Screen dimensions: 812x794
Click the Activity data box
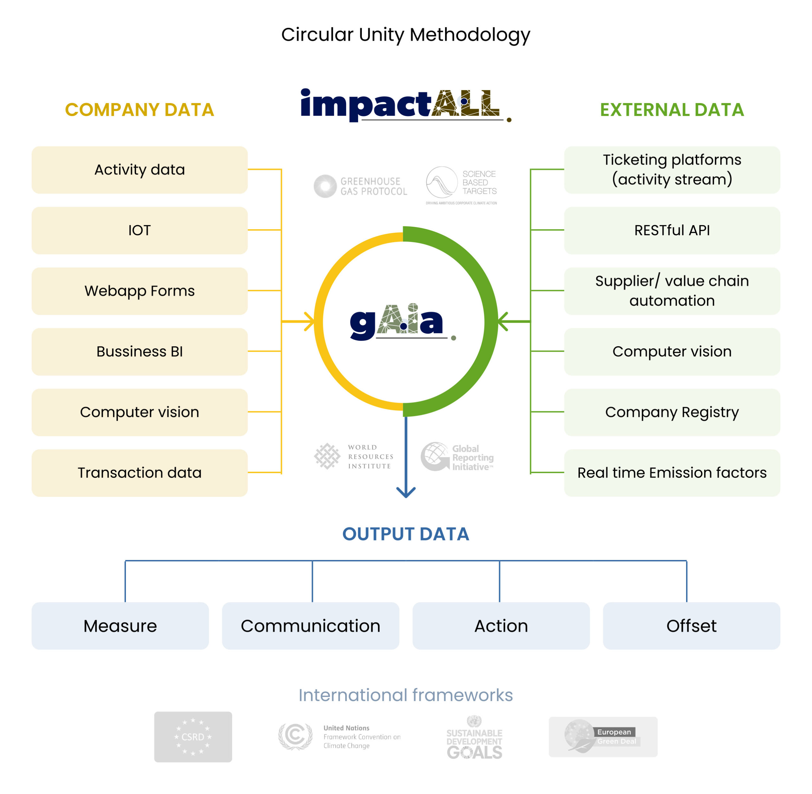pyautogui.click(x=139, y=170)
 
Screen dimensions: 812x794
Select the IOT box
pyautogui.click(x=139, y=230)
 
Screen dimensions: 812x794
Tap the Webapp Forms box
pyautogui.click(x=139, y=291)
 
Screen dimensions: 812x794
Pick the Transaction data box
pyautogui.click(x=139, y=473)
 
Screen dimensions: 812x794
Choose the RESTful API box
pyautogui.click(x=672, y=230)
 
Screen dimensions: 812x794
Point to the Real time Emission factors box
pyautogui.click(x=672, y=473)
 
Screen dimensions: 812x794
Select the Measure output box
pyautogui.click(x=120, y=626)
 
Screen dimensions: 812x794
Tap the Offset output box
pyautogui.click(x=691, y=626)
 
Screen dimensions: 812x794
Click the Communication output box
pyautogui.click(x=310, y=626)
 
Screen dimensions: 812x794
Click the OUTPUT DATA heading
pyautogui.click(x=406, y=534)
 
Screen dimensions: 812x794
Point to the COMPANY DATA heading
pyautogui.click(x=139, y=110)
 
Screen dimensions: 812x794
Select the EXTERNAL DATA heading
pyautogui.click(x=672, y=110)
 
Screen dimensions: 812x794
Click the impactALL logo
pyautogui.click(x=405, y=105)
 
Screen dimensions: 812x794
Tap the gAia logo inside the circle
pyautogui.click(x=403, y=322)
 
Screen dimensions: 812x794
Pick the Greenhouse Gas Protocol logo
pyautogui.click(x=360, y=186)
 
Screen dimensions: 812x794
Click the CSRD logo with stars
pyautogui.click(x=193, y=737)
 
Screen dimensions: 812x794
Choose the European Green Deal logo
pyautogui.click(x=603, y=737)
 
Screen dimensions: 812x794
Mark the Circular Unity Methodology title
pyautogui.click(x=406, y=35)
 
